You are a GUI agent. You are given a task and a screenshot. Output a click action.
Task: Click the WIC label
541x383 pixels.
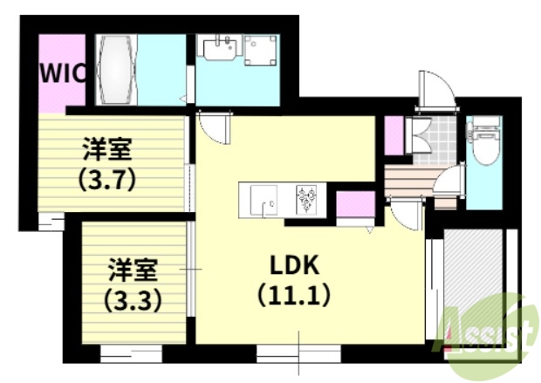click(62, 72)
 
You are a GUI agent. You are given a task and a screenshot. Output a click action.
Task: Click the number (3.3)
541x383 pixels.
click(132, 301)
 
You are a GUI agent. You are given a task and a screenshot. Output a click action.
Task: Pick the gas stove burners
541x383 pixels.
click(308, 198)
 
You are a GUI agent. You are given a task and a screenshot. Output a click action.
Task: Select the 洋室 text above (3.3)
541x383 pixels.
click(132, 266)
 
